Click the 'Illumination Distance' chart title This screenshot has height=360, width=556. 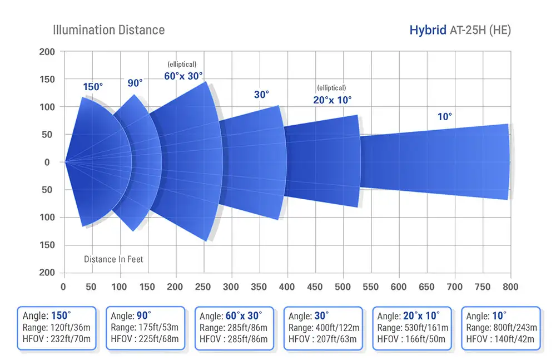[108, 30]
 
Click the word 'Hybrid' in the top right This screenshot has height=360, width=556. [428, 30]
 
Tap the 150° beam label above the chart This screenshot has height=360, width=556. [93, 87]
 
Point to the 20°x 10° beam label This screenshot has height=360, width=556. [332, 100]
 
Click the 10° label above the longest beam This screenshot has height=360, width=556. [445, 116]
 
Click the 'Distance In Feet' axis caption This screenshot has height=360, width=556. [113, 259]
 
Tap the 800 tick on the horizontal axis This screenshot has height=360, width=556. [509, 287]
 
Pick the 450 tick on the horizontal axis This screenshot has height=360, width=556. [314, 287]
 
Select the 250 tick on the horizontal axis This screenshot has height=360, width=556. [203, 287]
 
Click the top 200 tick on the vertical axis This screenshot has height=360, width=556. [47, 52]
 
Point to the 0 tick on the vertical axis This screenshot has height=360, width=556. [47, 162]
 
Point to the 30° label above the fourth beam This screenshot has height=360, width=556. [261, 95]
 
